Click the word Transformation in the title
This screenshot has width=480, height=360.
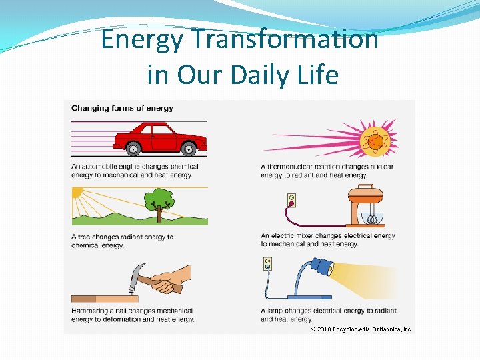click(x=285, y=40)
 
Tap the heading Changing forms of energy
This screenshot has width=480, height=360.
click(x=122, y=108)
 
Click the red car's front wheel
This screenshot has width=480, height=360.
click(x=189, y=149)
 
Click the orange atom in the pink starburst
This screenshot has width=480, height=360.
click(x=374, y=141)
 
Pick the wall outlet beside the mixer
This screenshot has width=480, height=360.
click(x=291, y=201)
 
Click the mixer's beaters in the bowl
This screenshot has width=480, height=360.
click(x=373, y=219)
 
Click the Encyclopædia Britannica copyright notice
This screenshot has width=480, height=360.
click(x=360, y=329)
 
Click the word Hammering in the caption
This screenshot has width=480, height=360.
click(x=91, y=311)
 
